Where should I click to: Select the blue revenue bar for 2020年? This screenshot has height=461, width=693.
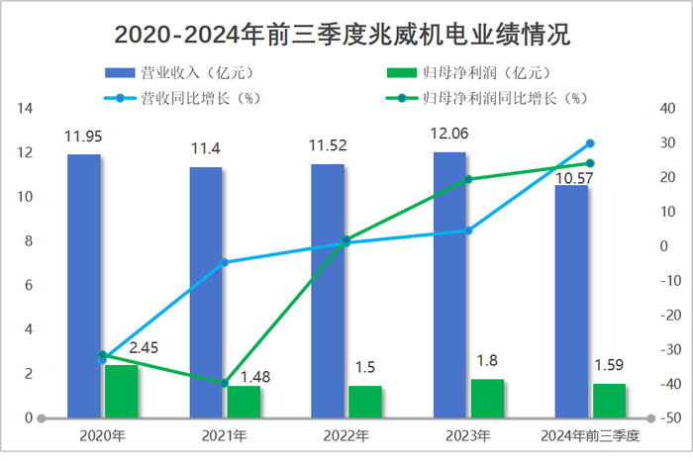tap(84, 286)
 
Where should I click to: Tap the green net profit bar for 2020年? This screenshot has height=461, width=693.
tap(122, 392)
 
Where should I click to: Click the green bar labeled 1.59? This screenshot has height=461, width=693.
tap(609, 401)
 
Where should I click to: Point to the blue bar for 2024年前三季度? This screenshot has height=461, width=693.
tap(571, 302)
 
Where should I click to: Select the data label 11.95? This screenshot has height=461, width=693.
tap(84, 136)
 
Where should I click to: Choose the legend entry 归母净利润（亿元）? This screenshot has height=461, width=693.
tap(465, 72)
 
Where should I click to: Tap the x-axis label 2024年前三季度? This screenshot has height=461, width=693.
tap(590, 435)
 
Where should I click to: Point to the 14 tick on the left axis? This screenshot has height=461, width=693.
tap(27, 109)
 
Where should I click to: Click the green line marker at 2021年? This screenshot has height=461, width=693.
tap(224, 384)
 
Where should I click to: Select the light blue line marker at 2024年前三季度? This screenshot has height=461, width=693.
tap(590, 143)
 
